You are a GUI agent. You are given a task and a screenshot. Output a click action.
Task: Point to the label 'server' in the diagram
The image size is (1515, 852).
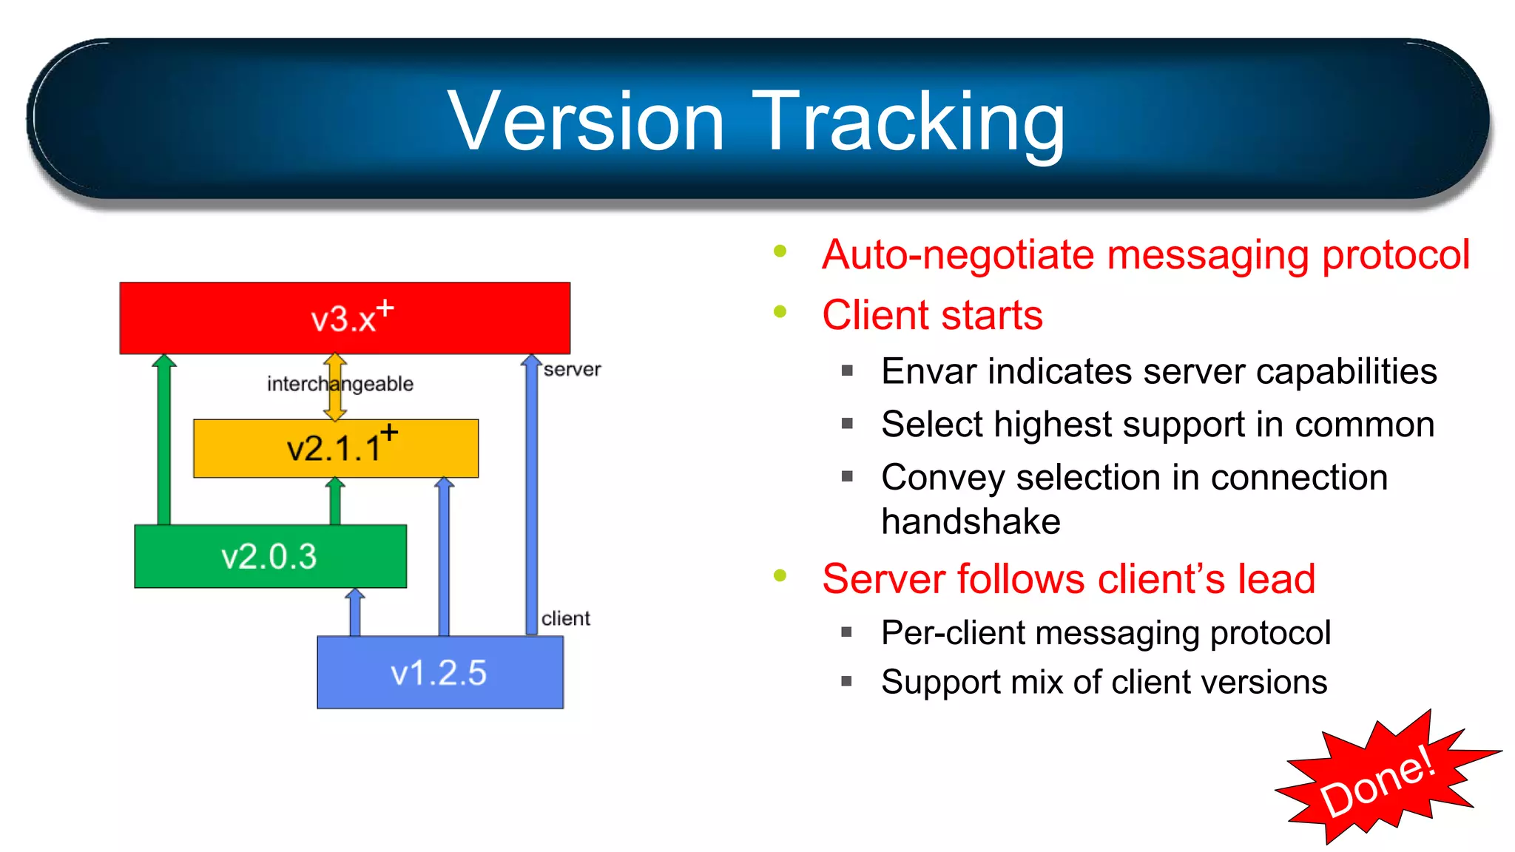[x=572, y=369]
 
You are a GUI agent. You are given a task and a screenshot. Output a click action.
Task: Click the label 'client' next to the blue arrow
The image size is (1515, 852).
[x=565, y=618]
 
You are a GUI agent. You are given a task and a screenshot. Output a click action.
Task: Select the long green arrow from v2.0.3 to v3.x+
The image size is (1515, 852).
[x=164, y=444]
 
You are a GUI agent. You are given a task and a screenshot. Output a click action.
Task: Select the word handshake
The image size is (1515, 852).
[x=971, y=521]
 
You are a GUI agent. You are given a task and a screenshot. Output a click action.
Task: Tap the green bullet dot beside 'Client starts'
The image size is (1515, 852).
[x=780, y=311]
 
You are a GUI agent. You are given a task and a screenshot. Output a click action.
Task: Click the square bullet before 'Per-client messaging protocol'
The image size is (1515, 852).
[x=847, y=632]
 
